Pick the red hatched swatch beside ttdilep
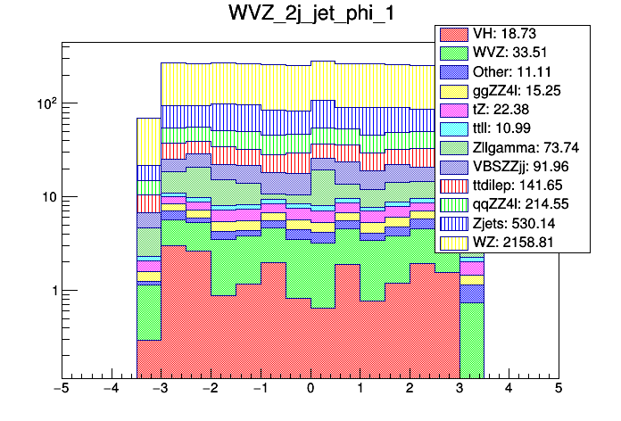(452, 185)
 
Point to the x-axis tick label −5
(62, 390)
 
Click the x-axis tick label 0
(310, 390)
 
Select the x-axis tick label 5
(558, 390)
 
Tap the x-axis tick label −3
(161, 390)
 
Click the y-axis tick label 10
(46, 197)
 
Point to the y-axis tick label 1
(51, 291)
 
